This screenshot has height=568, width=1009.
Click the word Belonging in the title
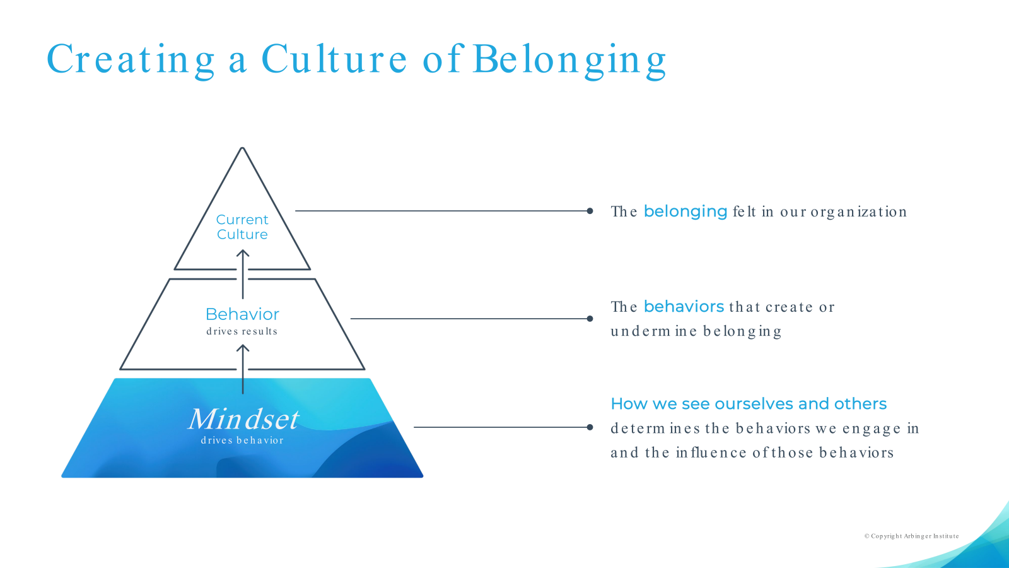[x=569, y=60]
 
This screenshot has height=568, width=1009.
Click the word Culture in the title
[x=334, y=60]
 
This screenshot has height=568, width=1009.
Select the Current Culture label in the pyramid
[x=242, y=227]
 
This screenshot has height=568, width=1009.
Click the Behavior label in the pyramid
[x=242, y=314]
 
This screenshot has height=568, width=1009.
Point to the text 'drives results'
[x=242, y=331]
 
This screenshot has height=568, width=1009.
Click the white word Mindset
[x=243, y=419]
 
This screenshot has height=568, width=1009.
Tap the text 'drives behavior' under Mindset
[x=242, y=441]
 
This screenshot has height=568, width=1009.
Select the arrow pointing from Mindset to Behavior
[x=243, y=369]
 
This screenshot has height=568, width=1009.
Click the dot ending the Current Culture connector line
[x=590, y=211]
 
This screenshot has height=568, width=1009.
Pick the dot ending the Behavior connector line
[x=590, y=319]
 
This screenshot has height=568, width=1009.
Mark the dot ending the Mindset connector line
[x=590, y=427]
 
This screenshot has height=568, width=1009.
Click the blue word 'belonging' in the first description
[x=685, y=211]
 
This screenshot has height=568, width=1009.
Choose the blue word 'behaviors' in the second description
[x=684, y=307]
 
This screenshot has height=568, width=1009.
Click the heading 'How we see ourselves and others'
[x=749, y=404]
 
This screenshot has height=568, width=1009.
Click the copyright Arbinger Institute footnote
[x=911, y=536]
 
